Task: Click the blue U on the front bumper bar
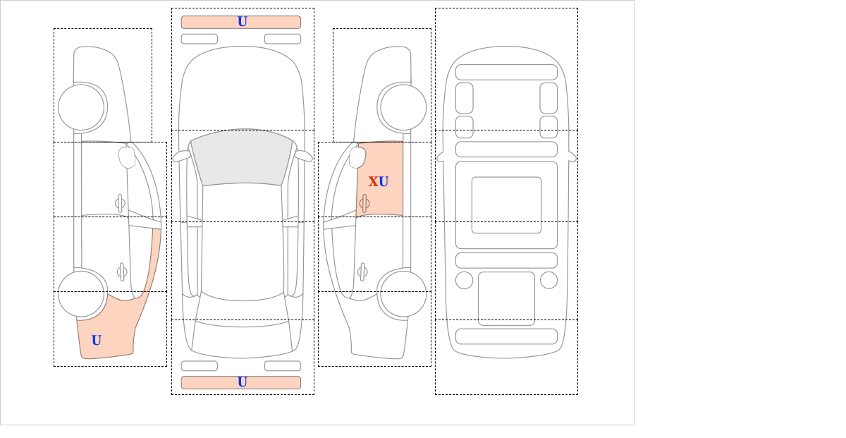[x=243, y=22]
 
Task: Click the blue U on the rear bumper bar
[x=243, y=382]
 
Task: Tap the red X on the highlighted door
[x=373, y=182]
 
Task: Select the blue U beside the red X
[x=384, y=182]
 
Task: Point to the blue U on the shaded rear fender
[x=97, y=341]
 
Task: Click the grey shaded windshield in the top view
[x=242, y=157]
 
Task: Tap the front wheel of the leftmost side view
[x=81, y=107]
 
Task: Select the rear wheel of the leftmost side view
[x=81, y=293]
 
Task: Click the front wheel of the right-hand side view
[x=403, y=107]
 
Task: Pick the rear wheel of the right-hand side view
[x=403, y=293]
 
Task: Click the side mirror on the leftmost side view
[x=127, y=157]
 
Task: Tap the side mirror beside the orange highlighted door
[x=357, y=157]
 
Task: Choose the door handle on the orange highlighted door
[x=364, y=204]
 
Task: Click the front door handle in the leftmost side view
[x=120, y=204]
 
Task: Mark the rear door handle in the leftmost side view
[x=122, y=272]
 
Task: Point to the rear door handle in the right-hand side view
[x=362, y=272]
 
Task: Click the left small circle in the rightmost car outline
[x=464, y=281]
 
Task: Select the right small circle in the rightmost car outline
[x=548, y=281]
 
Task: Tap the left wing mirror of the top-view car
[x=182, y=156]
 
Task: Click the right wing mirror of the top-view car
[x=303, y=156]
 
